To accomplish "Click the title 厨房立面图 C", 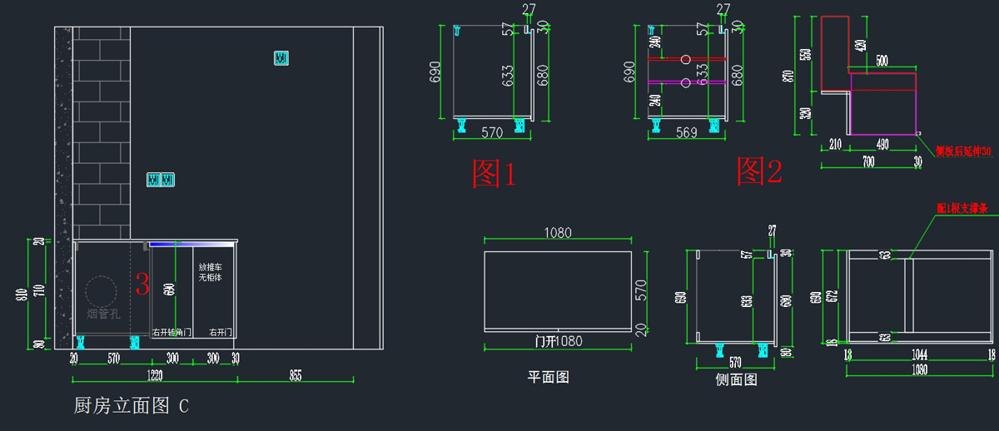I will (x=132, y=406).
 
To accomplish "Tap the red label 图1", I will (x=495, y=173).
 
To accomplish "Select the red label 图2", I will (x=758, y=171).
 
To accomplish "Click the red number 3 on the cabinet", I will (x=142, y=285).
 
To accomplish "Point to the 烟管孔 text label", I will (x=103, y=314).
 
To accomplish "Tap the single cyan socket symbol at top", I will (x=281, y=58).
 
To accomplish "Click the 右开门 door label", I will (x=221, y=332).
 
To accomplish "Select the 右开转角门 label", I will (x=171, y=332).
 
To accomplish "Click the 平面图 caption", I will (x=549, y=377).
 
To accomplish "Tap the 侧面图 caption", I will (x=737, y=379).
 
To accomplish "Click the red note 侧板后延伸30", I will (x=963, y=151).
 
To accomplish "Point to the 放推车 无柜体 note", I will (x=211, y=272).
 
